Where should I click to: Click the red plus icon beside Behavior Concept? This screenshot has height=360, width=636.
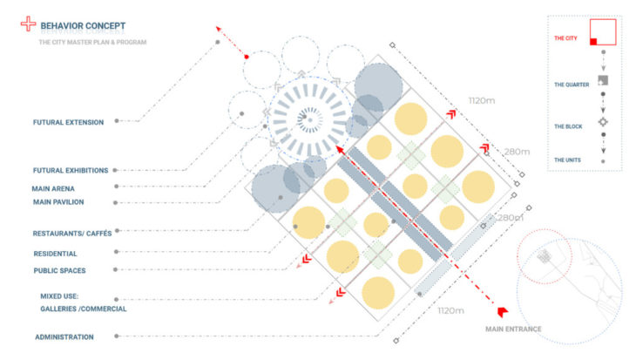point(28,24)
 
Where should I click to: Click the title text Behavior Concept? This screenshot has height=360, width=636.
point(83,26)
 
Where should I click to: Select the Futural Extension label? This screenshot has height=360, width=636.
point(68,122)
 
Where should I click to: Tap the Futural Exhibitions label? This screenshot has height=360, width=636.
point(71,171)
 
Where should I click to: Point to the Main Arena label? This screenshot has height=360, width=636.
point(53,189)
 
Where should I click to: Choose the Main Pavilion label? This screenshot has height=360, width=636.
point(58,202)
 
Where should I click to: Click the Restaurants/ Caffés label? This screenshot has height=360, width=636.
point(72,234)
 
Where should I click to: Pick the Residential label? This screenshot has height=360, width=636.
point(55,254)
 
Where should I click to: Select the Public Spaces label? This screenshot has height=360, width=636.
point(59,271)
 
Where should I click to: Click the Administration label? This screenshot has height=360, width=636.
point(64,336)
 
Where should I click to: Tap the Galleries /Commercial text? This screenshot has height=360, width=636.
point(83,309)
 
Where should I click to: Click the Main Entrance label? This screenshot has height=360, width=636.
point(513,329)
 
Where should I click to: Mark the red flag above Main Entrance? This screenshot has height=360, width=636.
point(503,312)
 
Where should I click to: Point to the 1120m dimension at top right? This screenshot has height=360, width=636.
point(482,100)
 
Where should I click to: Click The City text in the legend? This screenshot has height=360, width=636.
point(565,38)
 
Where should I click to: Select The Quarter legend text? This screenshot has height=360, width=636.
point(572,85)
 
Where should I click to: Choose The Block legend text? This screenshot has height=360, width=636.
point(568,126)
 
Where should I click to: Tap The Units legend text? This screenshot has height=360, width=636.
point(567,160)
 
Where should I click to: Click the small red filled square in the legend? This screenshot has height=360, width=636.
point(593,41)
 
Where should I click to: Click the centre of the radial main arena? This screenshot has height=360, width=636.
point(310,119)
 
